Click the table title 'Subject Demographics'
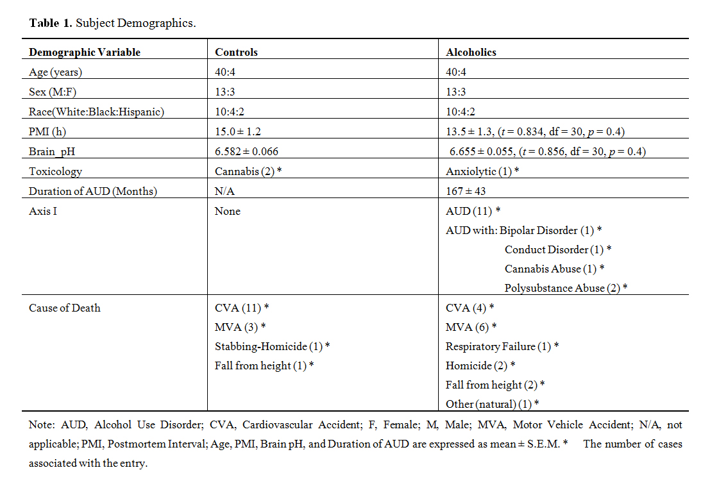click(x=136, y=23)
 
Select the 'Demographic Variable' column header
click(x=85, y=52)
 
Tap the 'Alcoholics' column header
click(x=471, y=52)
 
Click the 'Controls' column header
click(x=236, y=52)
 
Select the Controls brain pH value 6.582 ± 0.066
click(x=246, y=151)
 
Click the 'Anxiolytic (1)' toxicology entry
click(x=478, y=171)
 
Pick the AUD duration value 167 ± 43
click(x=465, y=190)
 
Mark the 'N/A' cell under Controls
click(x=224, y=190)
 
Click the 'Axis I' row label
click(x=43, y=211)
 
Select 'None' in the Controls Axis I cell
click(x=228, y=211)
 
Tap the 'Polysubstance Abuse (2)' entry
click(x=562, y=288)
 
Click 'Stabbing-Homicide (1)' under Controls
click(x=269, y=346)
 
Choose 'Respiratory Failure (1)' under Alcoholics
click(x=498, y=346)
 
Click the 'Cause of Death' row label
click(x=65, y=308)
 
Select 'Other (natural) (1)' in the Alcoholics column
click(x=488, y=404)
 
